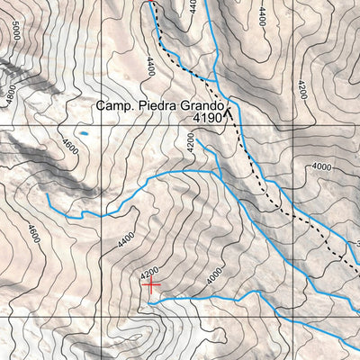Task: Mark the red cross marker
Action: [151, 283]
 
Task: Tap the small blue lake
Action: [84, 133]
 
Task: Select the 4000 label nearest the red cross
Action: [211, 277]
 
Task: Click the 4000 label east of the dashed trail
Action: [321, 166]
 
